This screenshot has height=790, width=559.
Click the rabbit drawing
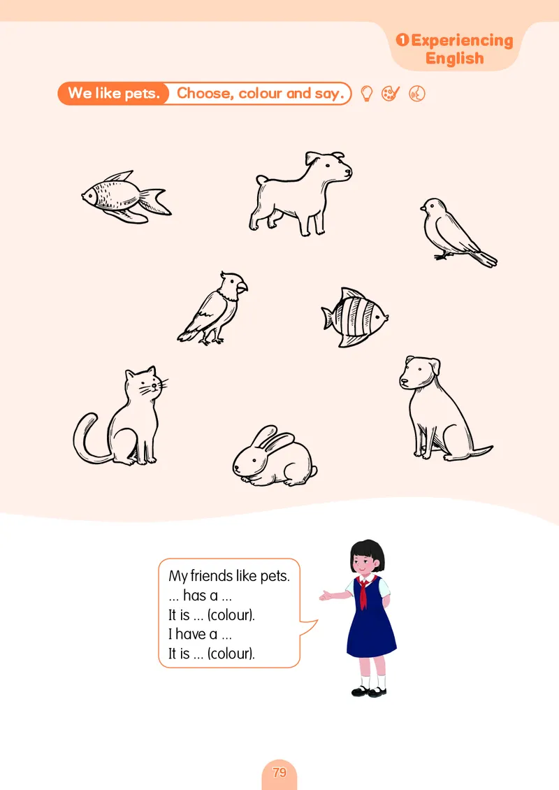[x=275, y=457]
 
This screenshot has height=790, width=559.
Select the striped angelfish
[x=355, y=317]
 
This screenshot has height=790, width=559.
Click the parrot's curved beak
[x=242, y=287]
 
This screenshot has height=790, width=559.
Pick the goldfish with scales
[x=126, y=197]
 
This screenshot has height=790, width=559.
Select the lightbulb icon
[x=367, y=93]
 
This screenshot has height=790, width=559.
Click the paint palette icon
[x=391, y=93]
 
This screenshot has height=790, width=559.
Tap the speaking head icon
[x=417, y=94]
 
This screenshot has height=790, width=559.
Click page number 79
[x=279, y=773]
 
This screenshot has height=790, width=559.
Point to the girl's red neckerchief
[x=363, y=591]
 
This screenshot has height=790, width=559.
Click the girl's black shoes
[x=370, y=691]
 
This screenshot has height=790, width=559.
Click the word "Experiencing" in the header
[x=462, y=41]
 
